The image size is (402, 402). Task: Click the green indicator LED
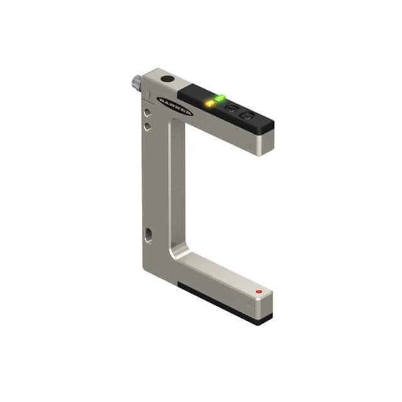click(x=220, y=97)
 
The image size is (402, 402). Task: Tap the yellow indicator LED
click(x=210, y=102)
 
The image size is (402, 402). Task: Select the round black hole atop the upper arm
click(x=167, y=80)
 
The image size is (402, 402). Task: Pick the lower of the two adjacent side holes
click(x=147, y=126)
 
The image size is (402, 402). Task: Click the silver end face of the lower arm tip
click(x=264, y=305)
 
